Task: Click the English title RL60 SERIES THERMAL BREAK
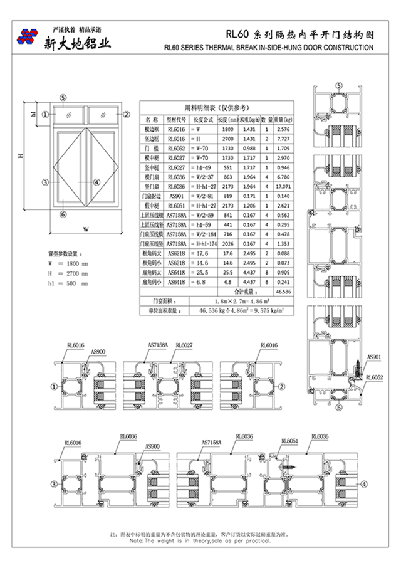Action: (x=268, y=48)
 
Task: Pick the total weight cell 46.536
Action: (x=283, y=292)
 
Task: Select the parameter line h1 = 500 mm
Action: (x=68, y=283)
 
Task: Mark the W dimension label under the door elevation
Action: (x=86, y=228)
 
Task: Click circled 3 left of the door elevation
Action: (x=45, y=182)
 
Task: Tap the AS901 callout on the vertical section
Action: (x=374, y=355)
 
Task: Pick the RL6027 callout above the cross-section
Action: (x=184, y=345)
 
